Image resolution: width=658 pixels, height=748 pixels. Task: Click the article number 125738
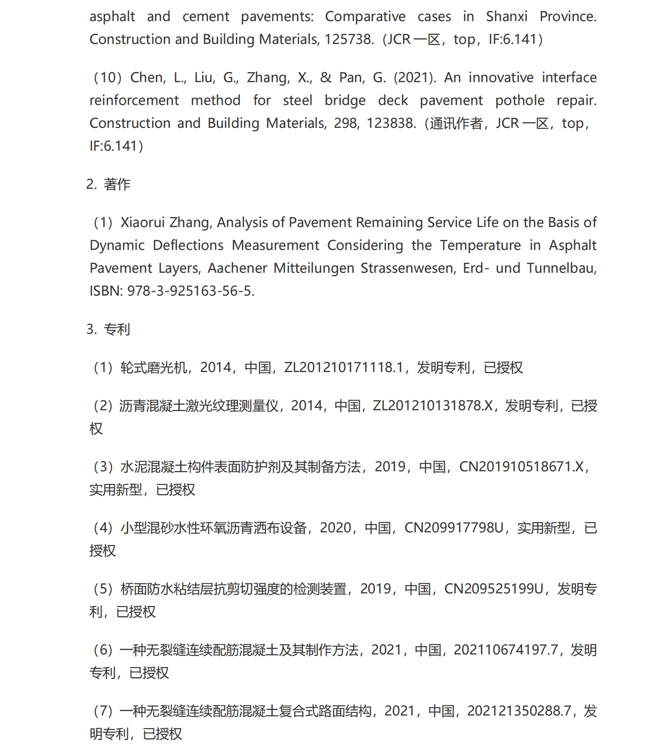(x=349, y=40)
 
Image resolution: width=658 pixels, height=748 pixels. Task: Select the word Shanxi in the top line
(x=507, y=17)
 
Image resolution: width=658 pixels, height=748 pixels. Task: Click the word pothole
(x=520, y=101)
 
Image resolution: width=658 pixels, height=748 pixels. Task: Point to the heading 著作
(x=117, y=184)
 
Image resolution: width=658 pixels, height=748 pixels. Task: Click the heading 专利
(x=117, y=329)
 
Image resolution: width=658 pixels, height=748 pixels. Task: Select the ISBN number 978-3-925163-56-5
(x=190, y=291)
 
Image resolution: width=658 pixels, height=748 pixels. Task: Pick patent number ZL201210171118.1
(x=343, y=368)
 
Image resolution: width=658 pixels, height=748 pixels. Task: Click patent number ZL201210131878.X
(x=433, y=406)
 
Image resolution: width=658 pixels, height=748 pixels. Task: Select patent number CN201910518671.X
(x=521, y=467)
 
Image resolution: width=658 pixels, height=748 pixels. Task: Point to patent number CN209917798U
(x=454, y=528)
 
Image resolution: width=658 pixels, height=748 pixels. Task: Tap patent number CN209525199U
(x=494, y=589)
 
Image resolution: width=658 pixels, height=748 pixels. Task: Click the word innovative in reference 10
(x=501, y=78)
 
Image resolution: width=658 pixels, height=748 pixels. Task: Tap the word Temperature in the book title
(x=480, y=245)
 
